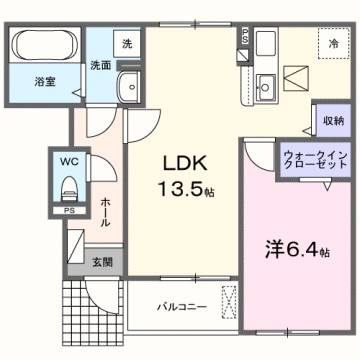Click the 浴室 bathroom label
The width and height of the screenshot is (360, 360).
pyautogui.click(x=43, y=79)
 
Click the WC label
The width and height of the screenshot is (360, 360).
pyautogui.click(x=68, y=160)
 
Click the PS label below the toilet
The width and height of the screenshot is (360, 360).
pyautogui.click(x=68, y=211)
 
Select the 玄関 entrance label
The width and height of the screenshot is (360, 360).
pyautogui.click(x=102, y=262)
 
